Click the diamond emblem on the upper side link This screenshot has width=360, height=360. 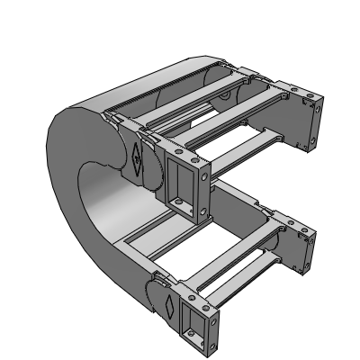136,158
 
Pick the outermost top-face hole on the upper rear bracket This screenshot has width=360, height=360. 310,93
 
